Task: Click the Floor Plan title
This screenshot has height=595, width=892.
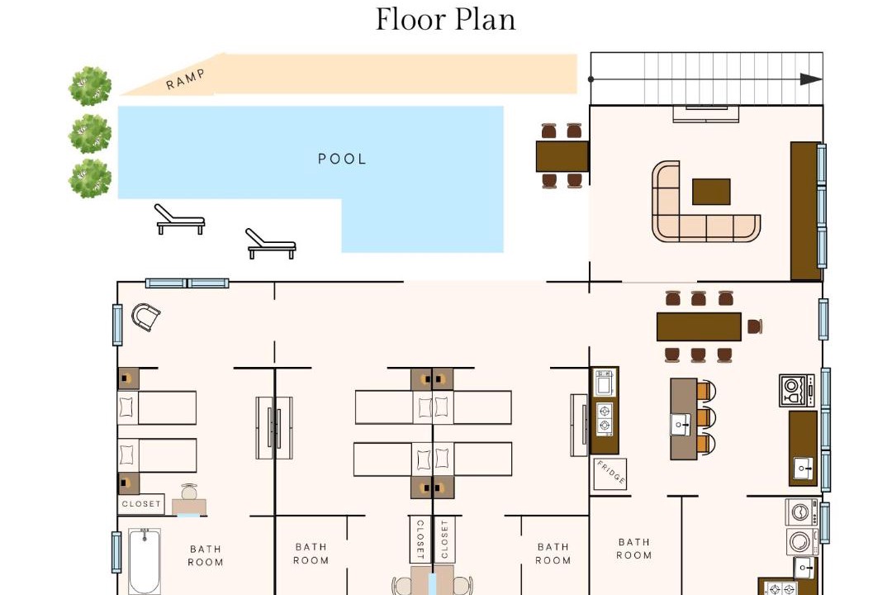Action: pyautogui.click(x=445, y=20)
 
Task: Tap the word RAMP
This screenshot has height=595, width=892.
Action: pyautogui.click(x=186, y=79)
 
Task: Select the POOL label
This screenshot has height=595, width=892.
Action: pyautogui.click(x=342, y=159)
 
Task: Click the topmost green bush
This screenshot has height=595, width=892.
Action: pyautogui.click(x=90, y=86)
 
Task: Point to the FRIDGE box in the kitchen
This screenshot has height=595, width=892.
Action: pyautogui.click(x=610, y=474)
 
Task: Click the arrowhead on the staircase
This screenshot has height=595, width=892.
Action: pyautogui.click(x=811, y=79)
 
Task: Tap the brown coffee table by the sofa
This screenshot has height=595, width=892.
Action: pyautogui.click(x=711, y=192)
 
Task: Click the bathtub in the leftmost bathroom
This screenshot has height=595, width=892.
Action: pyautogui.click(x=144, y=561)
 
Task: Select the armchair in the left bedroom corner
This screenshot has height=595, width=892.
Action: pyautogui.click(x=145, y=317)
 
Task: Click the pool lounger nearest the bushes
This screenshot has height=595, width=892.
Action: pyautogui.click(x=179, y=219)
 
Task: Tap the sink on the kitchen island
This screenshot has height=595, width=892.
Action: pyautogui.click(x=681, y=424)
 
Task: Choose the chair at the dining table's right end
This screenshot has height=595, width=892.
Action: pyautogui.click(x=755, y=326)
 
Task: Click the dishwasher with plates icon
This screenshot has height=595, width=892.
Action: pyautogui.click(x=796, y=390)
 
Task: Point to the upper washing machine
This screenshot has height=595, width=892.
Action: pyautogui.click(x=801, y=512)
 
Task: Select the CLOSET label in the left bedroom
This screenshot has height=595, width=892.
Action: pyautogui.click(x=141, y=504)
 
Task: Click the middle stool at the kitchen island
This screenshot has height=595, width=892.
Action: pyautogui.click(x=705, y=417)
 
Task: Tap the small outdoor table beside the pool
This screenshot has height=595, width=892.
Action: pyautogui.click(x=562, y=156)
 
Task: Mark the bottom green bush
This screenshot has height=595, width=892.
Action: pyautogui.click(x=90, y=178)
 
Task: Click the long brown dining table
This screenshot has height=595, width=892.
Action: pyautogui.click(x=699, y=326)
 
